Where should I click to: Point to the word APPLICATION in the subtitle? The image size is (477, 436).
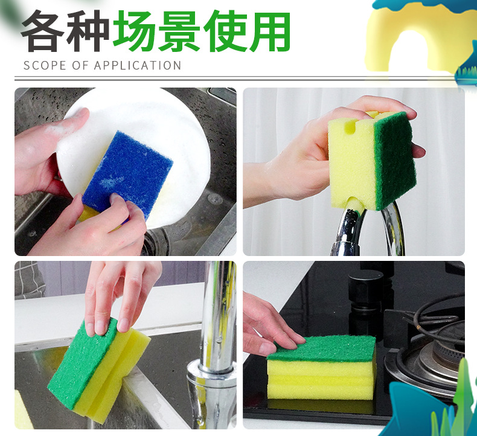pyautogui.click(x=138, y=65)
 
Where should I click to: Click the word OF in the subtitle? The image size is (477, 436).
pyautogui.click(x=80, y=65)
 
